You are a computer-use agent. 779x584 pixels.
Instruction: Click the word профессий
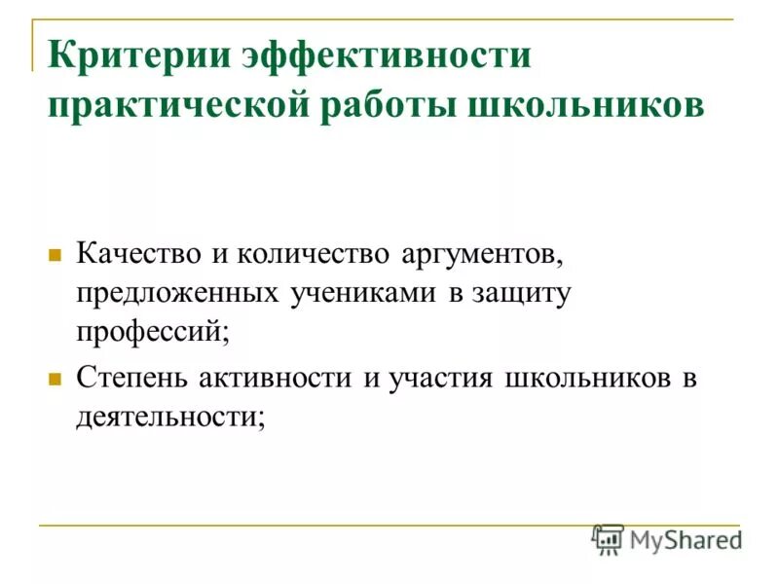pos(154,332)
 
